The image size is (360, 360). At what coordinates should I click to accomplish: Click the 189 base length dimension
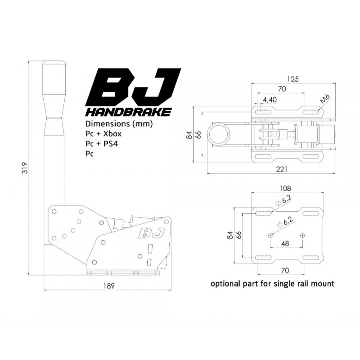109,286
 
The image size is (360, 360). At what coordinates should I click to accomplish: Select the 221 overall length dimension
282,169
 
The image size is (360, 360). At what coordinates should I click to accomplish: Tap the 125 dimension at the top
293,79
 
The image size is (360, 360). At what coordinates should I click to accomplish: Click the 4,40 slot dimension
270,99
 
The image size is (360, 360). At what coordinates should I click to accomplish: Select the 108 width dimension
285,188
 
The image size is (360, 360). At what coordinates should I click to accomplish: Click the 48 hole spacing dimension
285,243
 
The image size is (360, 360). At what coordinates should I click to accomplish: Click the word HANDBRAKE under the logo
128,112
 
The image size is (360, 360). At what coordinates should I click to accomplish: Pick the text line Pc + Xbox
103,134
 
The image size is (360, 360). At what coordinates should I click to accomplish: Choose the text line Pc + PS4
102,144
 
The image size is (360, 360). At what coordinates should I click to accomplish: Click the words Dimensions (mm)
119,124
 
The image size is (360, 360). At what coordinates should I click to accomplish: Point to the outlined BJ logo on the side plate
152,233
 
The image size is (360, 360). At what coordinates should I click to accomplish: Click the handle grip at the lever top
54,90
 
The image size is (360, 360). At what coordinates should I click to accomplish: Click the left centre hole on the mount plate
270,235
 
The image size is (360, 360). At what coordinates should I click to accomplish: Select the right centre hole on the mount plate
302,235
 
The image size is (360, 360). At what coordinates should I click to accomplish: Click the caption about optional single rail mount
272,284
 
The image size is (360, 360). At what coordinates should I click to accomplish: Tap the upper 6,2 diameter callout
284,201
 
